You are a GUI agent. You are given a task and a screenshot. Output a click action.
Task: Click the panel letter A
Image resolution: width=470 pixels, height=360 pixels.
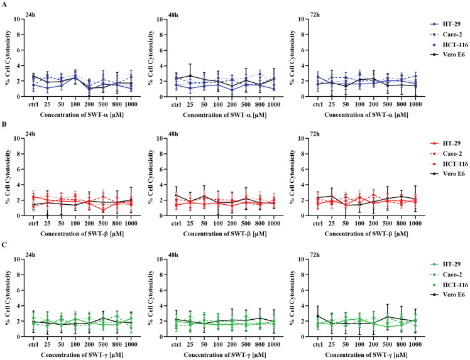click(x=4, y=6)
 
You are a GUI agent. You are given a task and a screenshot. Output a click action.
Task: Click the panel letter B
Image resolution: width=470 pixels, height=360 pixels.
click(x=4, y=124)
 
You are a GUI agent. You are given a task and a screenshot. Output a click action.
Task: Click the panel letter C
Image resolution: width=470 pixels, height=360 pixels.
click(x=4, y=245)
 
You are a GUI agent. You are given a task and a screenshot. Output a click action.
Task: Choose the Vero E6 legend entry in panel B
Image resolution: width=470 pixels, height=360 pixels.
click(x=447, y=174)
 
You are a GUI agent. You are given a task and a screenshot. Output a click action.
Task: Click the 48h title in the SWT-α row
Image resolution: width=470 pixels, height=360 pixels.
click(x=173, y=15)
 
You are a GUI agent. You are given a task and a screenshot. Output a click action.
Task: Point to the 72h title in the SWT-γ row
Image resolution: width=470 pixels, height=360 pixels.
click(x=314, y=255)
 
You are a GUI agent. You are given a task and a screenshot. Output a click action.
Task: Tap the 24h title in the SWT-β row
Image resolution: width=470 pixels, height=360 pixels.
click(x=30, y=134)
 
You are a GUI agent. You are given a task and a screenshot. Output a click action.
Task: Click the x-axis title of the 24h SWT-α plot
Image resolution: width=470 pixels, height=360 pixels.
click(x=82, y=115)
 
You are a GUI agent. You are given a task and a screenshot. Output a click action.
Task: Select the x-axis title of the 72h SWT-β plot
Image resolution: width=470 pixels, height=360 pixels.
click(x=366, y=234)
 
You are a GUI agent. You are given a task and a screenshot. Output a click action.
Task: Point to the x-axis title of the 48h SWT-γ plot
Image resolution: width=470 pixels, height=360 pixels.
click(x=225, y=355)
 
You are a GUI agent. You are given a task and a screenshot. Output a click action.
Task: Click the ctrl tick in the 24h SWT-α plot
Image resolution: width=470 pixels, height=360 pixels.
click(x=33, y=104)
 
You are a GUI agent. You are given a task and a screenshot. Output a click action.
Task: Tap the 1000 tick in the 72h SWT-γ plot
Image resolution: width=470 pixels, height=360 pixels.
click(x=415, y=345)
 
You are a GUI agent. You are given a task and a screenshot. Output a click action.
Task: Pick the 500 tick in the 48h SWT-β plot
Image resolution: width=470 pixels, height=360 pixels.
click(x=246, y=224)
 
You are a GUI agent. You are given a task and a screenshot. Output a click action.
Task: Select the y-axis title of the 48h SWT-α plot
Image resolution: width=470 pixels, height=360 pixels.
click(x=151, y=58)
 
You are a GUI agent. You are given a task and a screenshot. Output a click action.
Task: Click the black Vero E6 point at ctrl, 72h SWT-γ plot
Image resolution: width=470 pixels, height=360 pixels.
click(x=318, y=316)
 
